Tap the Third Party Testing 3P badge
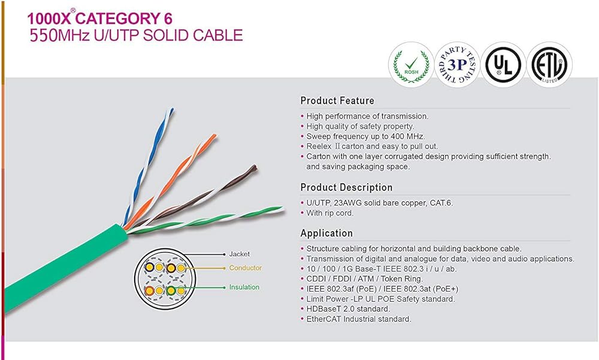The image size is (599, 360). click(x=456, y=64)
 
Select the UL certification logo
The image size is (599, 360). click(x=503, y=65)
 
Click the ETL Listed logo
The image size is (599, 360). click(x=549, y=65)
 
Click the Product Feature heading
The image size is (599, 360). click(x=337, y=101)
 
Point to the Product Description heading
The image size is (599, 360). click(x=346, y=187)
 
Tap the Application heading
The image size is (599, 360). click(x=326, y=233)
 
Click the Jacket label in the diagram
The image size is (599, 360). click(x=239, y=255)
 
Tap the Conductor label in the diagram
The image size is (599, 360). click(x=245, y=268)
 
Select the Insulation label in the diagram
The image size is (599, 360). click(x=244, y=288)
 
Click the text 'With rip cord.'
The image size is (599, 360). click(x=330, y=213)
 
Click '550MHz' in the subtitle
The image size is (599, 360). click(x=59, y=35)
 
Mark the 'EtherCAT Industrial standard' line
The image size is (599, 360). click(x=359, y=319)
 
